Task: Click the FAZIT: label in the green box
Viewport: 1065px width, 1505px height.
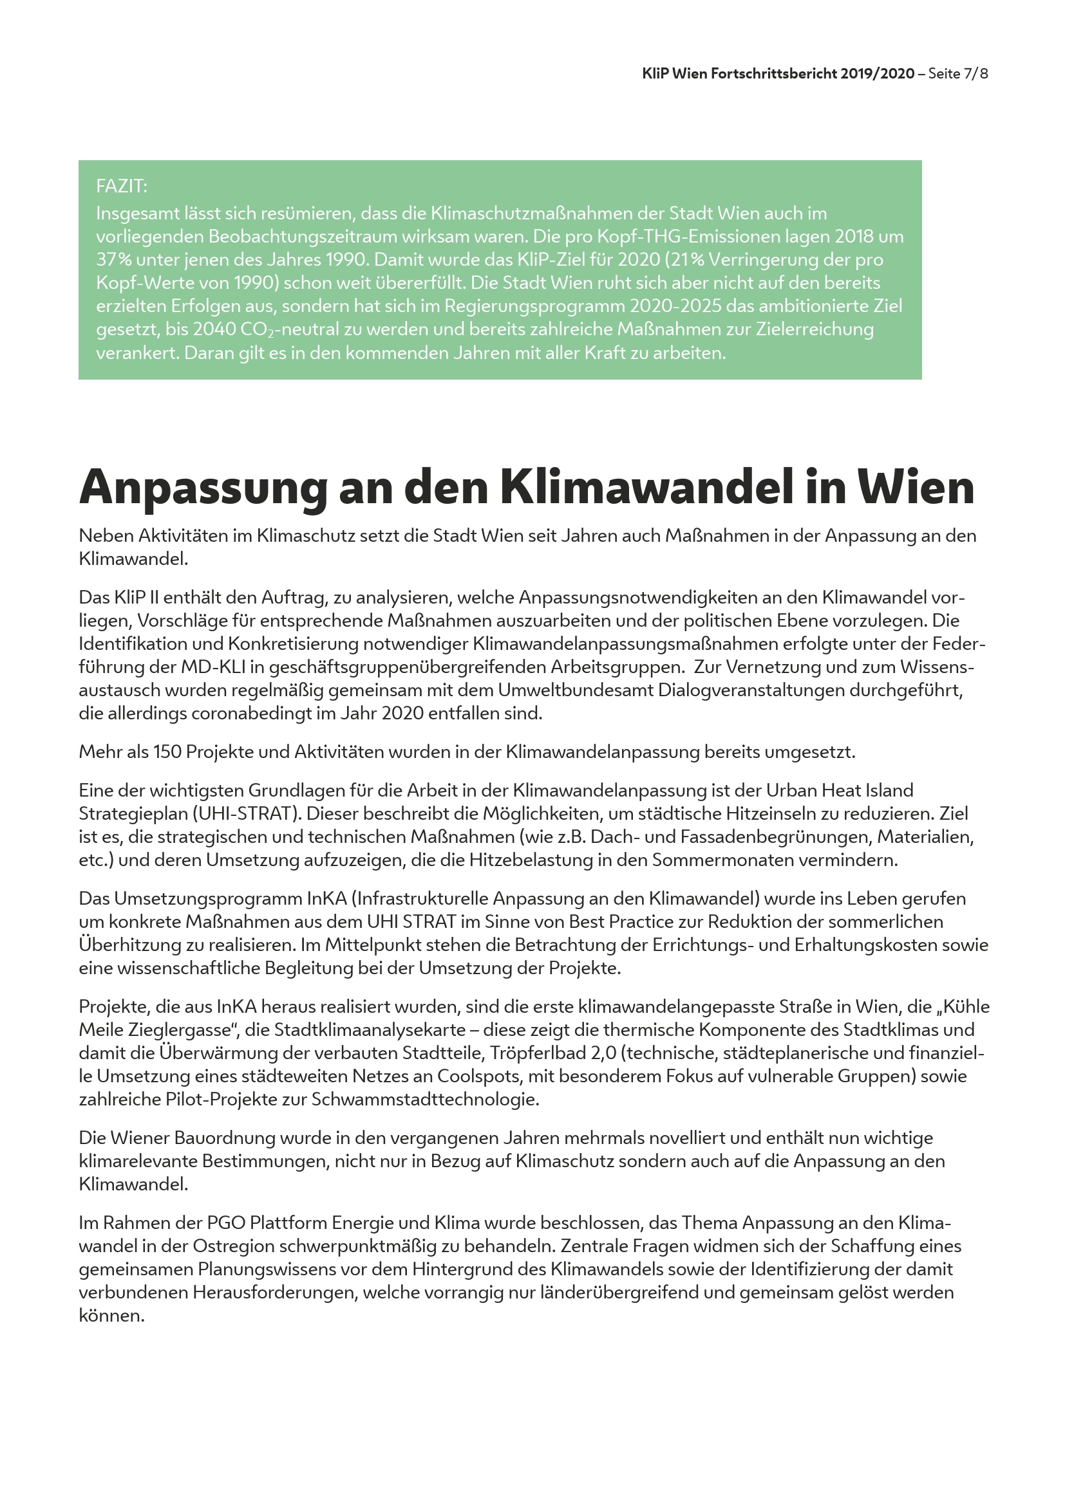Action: [x=121, y=187]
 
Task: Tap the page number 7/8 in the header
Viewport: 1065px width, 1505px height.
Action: [x=975, y=73]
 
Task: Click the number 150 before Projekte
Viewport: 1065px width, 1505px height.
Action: [x=167, y=752]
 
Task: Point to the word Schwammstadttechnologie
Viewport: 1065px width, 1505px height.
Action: [x=425, y=1099]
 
